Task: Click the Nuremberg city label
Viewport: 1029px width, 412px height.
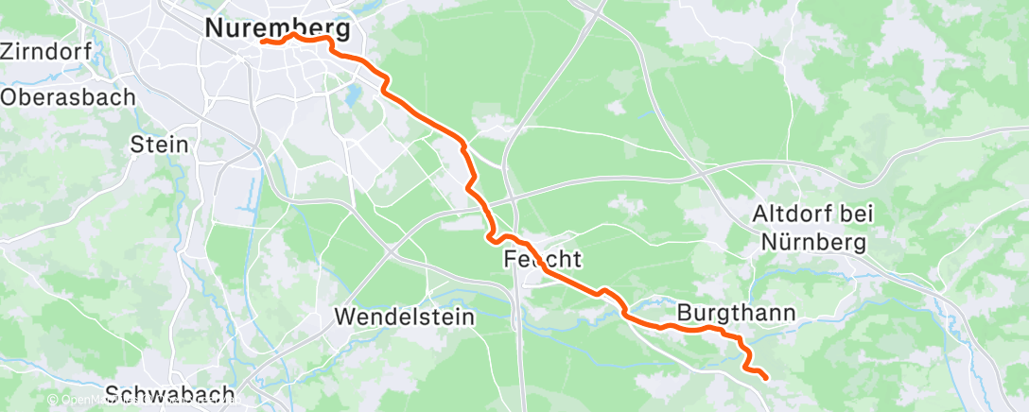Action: coord(277,29)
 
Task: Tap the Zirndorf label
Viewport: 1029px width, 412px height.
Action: coord(46,51)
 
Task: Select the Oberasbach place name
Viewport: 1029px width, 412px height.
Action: coord(68,96)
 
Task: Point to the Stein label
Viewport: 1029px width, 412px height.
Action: coord(160,146)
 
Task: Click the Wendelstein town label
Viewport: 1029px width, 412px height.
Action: coord(405,318)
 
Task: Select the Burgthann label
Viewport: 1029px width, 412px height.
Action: coord(735,312)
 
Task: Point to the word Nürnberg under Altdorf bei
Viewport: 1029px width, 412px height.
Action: coord(809,244)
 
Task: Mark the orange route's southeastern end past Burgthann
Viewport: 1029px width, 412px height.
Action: coord(764,377)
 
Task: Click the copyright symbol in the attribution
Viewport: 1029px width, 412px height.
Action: coord(54,401)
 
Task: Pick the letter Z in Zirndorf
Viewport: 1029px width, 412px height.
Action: coord(9,51)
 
